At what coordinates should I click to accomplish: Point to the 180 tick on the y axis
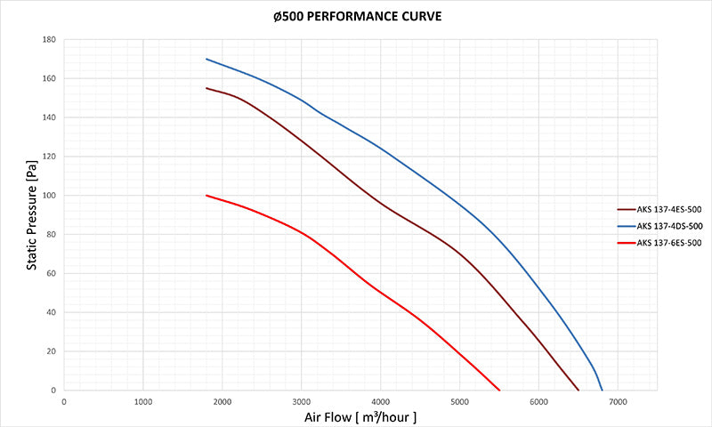point(49,40)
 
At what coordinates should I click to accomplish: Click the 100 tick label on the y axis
point(49,196)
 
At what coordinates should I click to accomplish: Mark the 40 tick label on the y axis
point(51,312)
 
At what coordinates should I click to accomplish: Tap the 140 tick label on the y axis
point(49,117)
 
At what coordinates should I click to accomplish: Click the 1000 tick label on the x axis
point(143,401)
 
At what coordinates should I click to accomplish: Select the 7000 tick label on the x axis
point(618,401)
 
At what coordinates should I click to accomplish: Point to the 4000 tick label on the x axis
point(380,401)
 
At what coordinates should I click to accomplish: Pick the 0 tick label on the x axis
point(64,401)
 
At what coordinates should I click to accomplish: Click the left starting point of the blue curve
point(206,59)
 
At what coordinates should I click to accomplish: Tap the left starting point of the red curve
point(206,196)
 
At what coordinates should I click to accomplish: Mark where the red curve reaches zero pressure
point(499,391)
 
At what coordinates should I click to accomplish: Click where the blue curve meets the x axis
point(603,391)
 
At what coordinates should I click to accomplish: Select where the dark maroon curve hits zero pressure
point(578,391)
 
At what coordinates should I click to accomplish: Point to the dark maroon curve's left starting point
point(206,88)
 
